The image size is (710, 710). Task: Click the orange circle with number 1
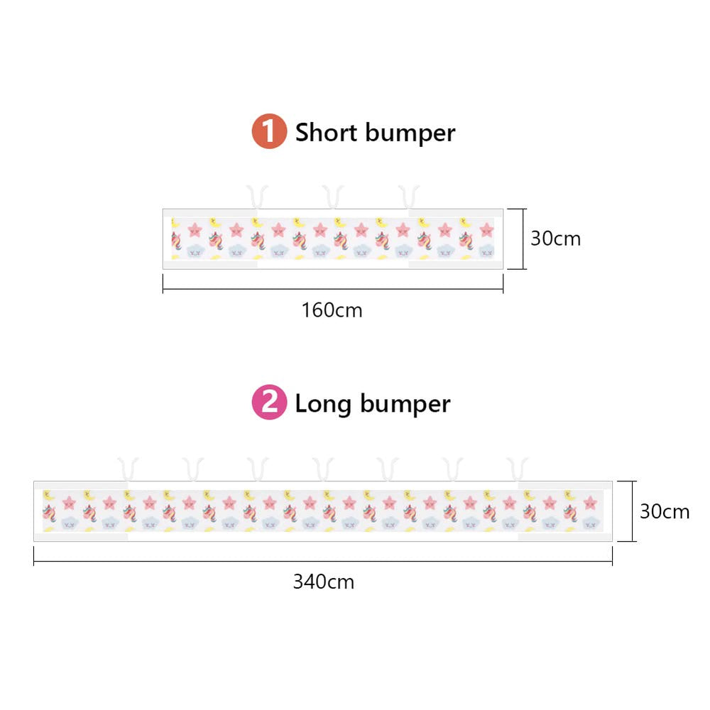click(x=269, y=131)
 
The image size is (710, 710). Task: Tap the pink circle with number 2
click(x=269, y=402)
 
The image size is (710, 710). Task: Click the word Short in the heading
click(x=326, y=132)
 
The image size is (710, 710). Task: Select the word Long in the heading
click(x=323, y=403)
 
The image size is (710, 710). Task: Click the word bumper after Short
click(x=410, y=133)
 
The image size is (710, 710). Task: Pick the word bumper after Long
click(x=405, y=404)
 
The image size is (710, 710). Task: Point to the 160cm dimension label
click(x=332, y=311)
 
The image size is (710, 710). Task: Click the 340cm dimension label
click(x=323, y=582)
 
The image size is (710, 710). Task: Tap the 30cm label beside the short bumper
click(x=556, y=239)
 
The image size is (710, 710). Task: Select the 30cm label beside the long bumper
click(x=665, y=511)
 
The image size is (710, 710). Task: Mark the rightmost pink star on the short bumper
click(x=487, y=229)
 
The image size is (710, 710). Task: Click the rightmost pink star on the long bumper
click(x=589, y=502)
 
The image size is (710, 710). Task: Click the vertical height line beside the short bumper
click(x=523, y=239)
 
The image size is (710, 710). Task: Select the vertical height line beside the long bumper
click(x=633, y=511)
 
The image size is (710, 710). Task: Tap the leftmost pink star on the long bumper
click(x=69, y=502)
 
